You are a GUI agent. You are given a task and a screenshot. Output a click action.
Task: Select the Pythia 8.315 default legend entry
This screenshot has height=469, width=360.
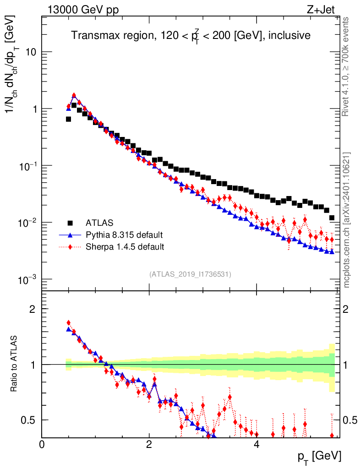pyautogui.click(x=124, y=235)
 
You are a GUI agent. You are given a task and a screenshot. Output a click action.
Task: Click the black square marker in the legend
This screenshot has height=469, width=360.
pyautogui.click(x=70, y=223)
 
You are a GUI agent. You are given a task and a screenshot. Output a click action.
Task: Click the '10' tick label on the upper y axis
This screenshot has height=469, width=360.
pyautogui.click(x=30, y=52)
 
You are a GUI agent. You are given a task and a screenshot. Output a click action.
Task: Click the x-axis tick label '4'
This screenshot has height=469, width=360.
pyautogui.click(x=256, y=444)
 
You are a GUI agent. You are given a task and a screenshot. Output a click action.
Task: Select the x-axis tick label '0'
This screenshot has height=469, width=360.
pyautogui.click(x=42, y=444)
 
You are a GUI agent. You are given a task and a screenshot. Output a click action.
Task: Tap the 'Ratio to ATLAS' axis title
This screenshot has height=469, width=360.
pyautogui.click(x=15, y=364)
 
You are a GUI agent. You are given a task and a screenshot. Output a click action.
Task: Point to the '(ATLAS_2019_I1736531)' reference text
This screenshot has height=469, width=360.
pyautogui.click(x=190, y=274)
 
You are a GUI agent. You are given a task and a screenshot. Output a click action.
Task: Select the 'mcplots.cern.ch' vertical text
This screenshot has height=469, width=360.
pyautogui.click(x=347, y=220)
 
